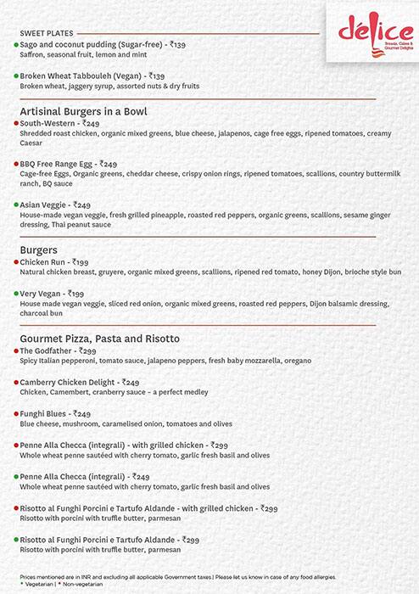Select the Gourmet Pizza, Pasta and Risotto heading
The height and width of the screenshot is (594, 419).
(98, 338)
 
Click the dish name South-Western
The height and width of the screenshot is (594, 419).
(47, 123)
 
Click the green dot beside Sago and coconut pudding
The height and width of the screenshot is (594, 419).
(15, 43)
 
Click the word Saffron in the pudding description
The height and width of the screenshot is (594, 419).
(32, 53)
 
